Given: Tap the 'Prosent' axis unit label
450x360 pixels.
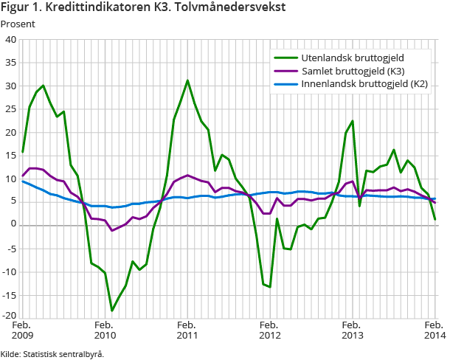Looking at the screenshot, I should pos(18,24).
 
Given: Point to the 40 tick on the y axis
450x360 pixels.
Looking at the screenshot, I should pos(12,40).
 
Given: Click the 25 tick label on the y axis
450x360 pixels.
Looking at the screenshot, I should pos(12,109).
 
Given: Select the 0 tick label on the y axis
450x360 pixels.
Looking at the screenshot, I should pos(14,225).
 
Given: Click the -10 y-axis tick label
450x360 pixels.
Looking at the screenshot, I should pos(10,271).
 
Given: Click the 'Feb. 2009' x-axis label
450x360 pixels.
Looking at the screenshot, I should pos(23,330).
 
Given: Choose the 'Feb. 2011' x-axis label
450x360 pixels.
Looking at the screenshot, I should pos(187,330).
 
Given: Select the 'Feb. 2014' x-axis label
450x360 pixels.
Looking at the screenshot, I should pos(433,330).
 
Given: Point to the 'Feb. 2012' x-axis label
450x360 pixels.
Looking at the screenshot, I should pos(270,330).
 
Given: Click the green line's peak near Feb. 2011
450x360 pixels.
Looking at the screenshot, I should pos(187,80).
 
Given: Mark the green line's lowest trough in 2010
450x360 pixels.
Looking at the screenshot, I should pos(112,311).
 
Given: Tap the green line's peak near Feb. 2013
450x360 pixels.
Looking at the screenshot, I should pos(353,121).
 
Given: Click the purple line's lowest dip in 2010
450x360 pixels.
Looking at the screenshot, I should pos(112,231).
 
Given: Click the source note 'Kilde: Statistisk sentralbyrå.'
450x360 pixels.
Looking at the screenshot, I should pos(52,353).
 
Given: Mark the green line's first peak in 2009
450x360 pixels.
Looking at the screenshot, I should pos(44,86).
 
